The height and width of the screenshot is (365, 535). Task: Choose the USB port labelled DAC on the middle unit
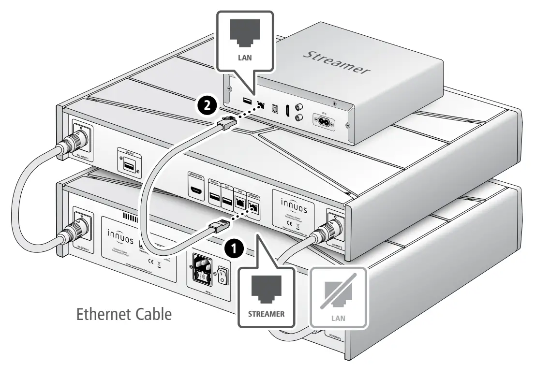pyautogui.click(x=226, y=198)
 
